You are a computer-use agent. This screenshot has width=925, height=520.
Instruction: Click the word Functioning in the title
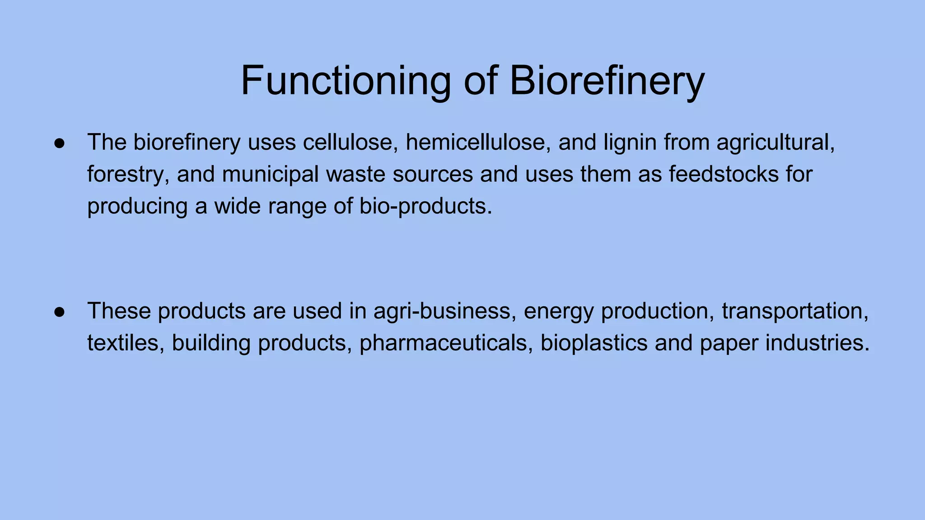(346, 81)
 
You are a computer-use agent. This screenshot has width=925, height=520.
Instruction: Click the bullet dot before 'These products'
(59, 312)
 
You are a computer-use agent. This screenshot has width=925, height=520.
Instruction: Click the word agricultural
(776, 143)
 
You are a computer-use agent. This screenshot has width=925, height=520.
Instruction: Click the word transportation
(795, 311)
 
